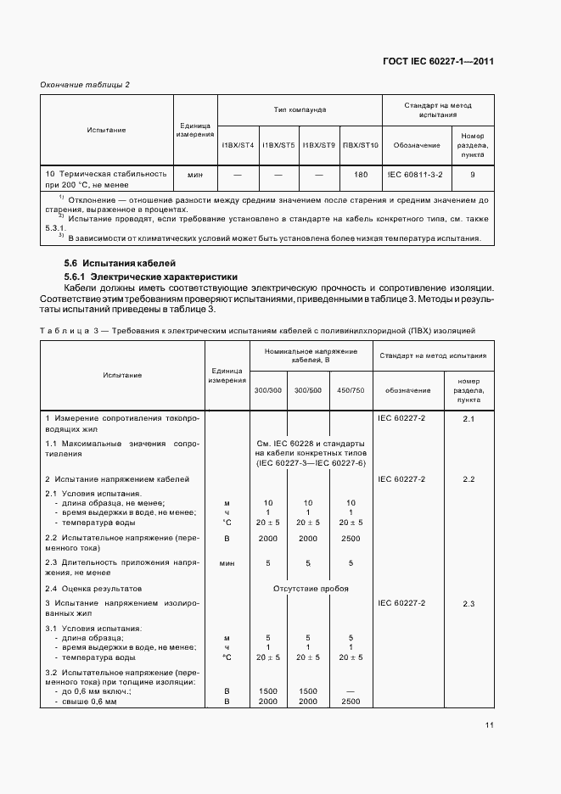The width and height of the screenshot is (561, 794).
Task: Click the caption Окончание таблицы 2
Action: [85, 84]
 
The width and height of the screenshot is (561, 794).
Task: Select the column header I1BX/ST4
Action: [238, 145]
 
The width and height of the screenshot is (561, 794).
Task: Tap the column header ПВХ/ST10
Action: [361, 145]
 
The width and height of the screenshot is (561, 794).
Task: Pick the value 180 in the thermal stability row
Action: [361, 174]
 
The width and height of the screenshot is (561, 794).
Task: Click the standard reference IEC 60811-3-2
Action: [417, 174]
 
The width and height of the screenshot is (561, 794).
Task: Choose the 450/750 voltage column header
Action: [351, 390]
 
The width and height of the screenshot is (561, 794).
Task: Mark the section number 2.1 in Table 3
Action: [468, 419]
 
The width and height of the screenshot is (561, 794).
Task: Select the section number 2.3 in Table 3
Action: [468, 603]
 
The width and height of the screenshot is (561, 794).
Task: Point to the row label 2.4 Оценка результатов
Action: [93, 588]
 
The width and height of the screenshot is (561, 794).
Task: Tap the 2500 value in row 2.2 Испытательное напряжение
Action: [351, 538]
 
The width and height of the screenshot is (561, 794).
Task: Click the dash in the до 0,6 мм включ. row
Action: [351, 691]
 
